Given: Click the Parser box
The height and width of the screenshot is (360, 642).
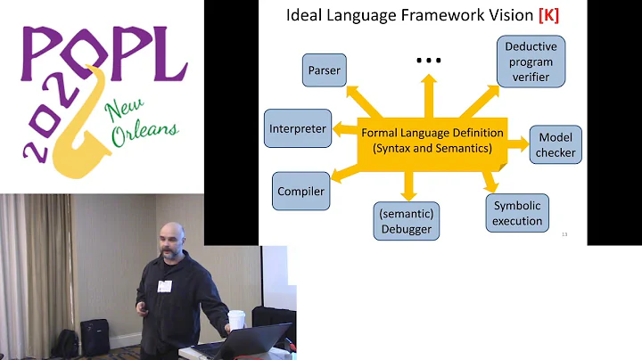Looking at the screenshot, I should [x=324, y=70].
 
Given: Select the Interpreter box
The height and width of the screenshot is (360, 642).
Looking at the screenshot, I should [x=298, y=129].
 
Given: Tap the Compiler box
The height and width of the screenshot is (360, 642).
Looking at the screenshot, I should [x=300, y=191].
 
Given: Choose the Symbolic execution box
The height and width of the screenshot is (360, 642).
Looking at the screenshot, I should [x=518, y=212].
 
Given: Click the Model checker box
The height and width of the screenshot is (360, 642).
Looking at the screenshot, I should [x=556, y=143].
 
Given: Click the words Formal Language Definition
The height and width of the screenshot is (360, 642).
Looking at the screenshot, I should [x=432, y=133].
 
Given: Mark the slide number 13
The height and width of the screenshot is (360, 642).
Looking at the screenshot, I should [x=565, y=234].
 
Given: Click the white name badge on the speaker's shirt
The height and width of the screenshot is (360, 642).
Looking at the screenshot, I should [x=164, y=286].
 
